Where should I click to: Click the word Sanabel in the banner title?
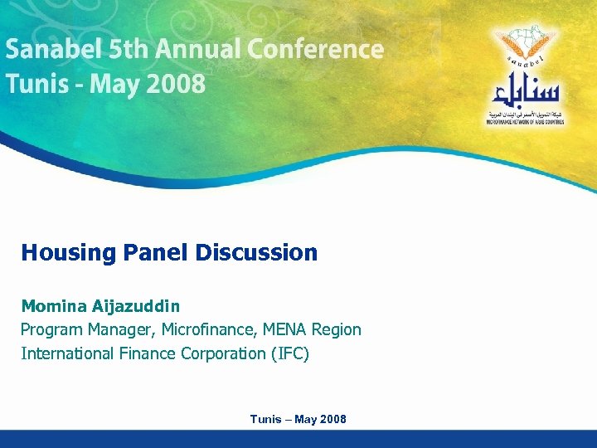[54, 50]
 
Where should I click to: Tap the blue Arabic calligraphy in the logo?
[525, 89]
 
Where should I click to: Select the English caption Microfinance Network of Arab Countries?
[525, 122]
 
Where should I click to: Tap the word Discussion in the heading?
[257, 252]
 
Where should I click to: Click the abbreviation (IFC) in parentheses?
[289, 353]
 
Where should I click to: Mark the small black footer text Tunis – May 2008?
[298, 419]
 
